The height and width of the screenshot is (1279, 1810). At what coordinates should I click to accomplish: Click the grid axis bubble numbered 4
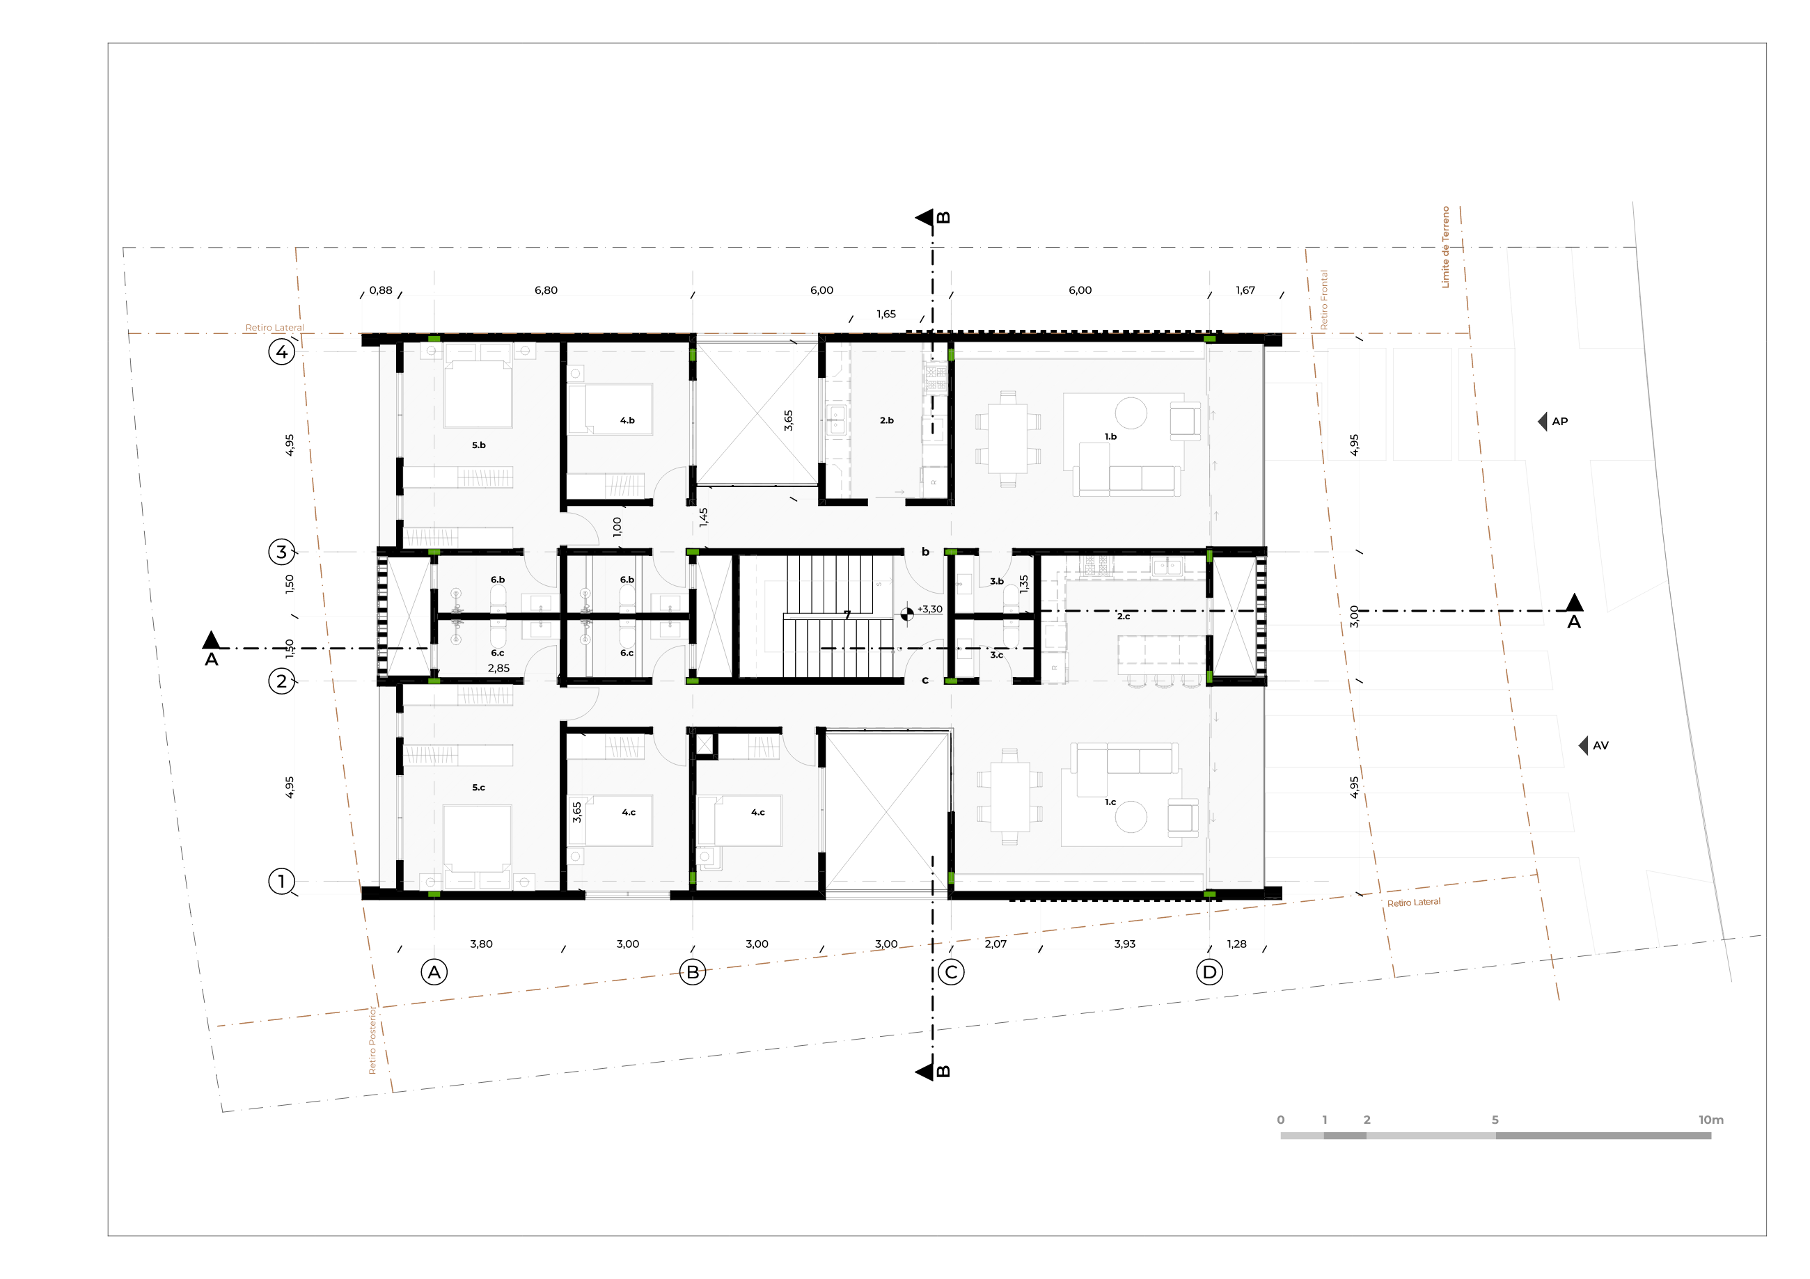tap(281, 351)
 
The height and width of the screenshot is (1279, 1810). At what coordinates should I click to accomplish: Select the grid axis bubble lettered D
tap(1209, 972)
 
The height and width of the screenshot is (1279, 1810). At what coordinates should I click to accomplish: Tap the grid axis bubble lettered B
tap(693, 972)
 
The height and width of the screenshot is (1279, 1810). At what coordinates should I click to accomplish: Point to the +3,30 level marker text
tap(929, 609)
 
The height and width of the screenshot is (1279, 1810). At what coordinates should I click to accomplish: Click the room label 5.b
tap(478, 445)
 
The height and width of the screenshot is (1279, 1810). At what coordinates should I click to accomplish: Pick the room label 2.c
tap(1124, 617)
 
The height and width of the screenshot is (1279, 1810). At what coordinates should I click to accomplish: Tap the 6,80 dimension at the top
tap(546, 290)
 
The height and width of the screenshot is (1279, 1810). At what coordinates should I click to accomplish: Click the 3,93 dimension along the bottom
tap(1125, 944)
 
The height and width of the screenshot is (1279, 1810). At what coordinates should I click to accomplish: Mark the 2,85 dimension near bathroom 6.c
tap(498, 668)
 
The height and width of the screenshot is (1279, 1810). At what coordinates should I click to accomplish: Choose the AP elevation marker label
tap(1559, 422)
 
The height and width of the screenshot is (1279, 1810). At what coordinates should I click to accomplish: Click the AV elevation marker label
tap(1600, 745)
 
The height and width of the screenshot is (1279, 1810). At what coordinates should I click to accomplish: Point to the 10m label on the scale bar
tap(1710, 1120)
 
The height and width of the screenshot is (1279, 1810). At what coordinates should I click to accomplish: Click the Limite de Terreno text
tap(1445, 246)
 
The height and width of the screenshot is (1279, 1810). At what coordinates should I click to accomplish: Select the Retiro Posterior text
tap(373, 1040)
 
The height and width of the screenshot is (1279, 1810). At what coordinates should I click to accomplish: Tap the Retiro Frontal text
tap(1323, 299)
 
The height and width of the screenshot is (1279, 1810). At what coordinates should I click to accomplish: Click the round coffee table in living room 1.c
tap(1131, 816)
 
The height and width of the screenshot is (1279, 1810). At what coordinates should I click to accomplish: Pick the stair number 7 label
tap(847, 614)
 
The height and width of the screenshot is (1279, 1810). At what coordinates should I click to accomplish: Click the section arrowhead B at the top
tap(924, 218)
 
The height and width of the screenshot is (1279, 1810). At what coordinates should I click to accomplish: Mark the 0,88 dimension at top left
tap(381, 290)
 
